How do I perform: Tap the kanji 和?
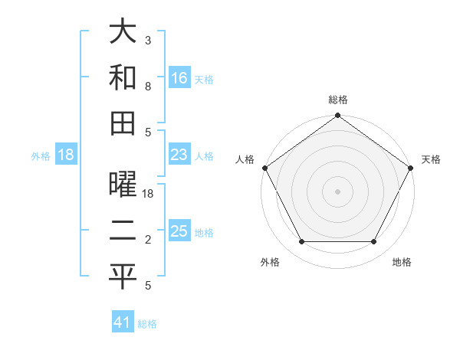(x=123, y=77)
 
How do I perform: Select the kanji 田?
(x=123, y=123)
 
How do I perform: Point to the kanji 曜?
(x=123, y=186)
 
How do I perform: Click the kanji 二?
(x=123, y=232)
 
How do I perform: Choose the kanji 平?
(x=123, y=277)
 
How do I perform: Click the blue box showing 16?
(x=179, y=78)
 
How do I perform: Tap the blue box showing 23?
(x=179, y=155)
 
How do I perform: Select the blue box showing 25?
(x=179, y=232)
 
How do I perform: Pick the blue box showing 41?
(x=123, y=322)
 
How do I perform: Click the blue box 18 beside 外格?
(x=66, y=155)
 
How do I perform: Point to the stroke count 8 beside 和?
(x=148, y=87)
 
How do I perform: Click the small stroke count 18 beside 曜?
(x=149, y=195)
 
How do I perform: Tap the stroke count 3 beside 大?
(x=148, y=40)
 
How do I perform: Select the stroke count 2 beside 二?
(x=148, y=241)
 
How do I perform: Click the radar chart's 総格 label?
(x=338, y=100)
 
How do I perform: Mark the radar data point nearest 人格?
(x=265, y=168)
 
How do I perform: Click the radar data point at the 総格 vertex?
(x=338, y=116)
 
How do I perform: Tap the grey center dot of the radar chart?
(x=338, y=191)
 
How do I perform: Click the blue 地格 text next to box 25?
(x=204, y=233)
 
